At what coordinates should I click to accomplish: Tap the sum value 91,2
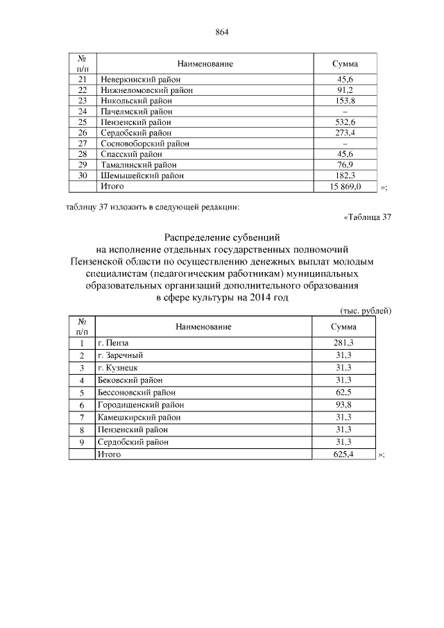(x=345, y=90)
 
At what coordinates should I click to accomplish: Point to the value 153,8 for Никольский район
(x=345, y=101)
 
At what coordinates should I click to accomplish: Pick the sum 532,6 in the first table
(x=345, y=122)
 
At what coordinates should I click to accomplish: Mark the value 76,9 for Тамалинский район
(x=345, y=165)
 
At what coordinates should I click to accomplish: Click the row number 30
(x=83, y=176)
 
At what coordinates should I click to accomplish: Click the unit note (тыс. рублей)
(x=366, y=311)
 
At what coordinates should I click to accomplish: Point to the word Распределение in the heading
(x=200, y=238)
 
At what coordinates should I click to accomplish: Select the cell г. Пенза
(x=114, y=343)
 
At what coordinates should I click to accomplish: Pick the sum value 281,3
(x=344, y=343)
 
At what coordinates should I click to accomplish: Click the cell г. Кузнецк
(x=119, y=368)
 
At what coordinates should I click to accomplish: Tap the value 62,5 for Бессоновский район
(x=344, y=392)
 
